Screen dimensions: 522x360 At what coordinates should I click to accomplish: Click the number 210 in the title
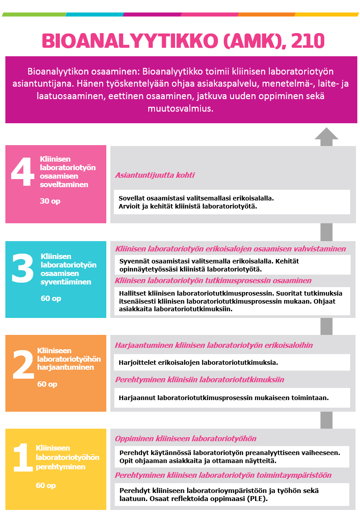click(307, 41)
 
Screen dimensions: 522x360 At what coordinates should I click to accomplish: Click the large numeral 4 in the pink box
click(22, 172)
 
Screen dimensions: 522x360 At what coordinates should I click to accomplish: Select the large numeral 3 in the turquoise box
click(22, 268)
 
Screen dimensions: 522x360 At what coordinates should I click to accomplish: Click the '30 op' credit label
click(50, 201)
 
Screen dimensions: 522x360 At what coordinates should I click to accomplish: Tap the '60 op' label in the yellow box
click(46, 485)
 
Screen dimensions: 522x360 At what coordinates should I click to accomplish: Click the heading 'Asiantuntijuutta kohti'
click(155, 175)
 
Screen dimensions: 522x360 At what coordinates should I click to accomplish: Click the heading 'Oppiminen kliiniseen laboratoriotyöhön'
click(186, 438)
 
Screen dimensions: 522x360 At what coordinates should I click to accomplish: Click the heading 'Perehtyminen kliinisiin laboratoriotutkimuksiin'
click(200, 380)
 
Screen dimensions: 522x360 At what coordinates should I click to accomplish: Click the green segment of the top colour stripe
click(34, 14)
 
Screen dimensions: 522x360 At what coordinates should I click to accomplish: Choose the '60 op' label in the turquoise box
click(51, 298)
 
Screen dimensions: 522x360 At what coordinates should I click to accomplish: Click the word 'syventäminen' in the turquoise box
click(66, 282)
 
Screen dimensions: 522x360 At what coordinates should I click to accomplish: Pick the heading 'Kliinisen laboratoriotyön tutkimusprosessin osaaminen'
click(213, 280)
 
